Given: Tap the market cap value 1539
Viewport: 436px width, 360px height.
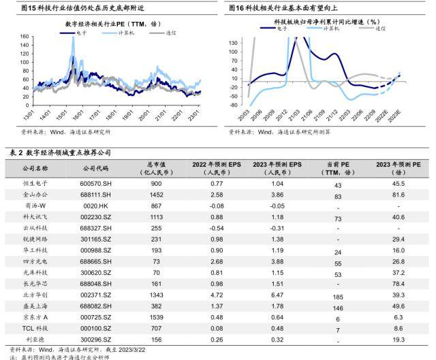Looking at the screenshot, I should (156, 316).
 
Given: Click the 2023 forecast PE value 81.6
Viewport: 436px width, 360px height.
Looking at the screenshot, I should (399, 195).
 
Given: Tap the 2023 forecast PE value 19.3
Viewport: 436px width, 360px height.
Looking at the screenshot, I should (399, 339).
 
